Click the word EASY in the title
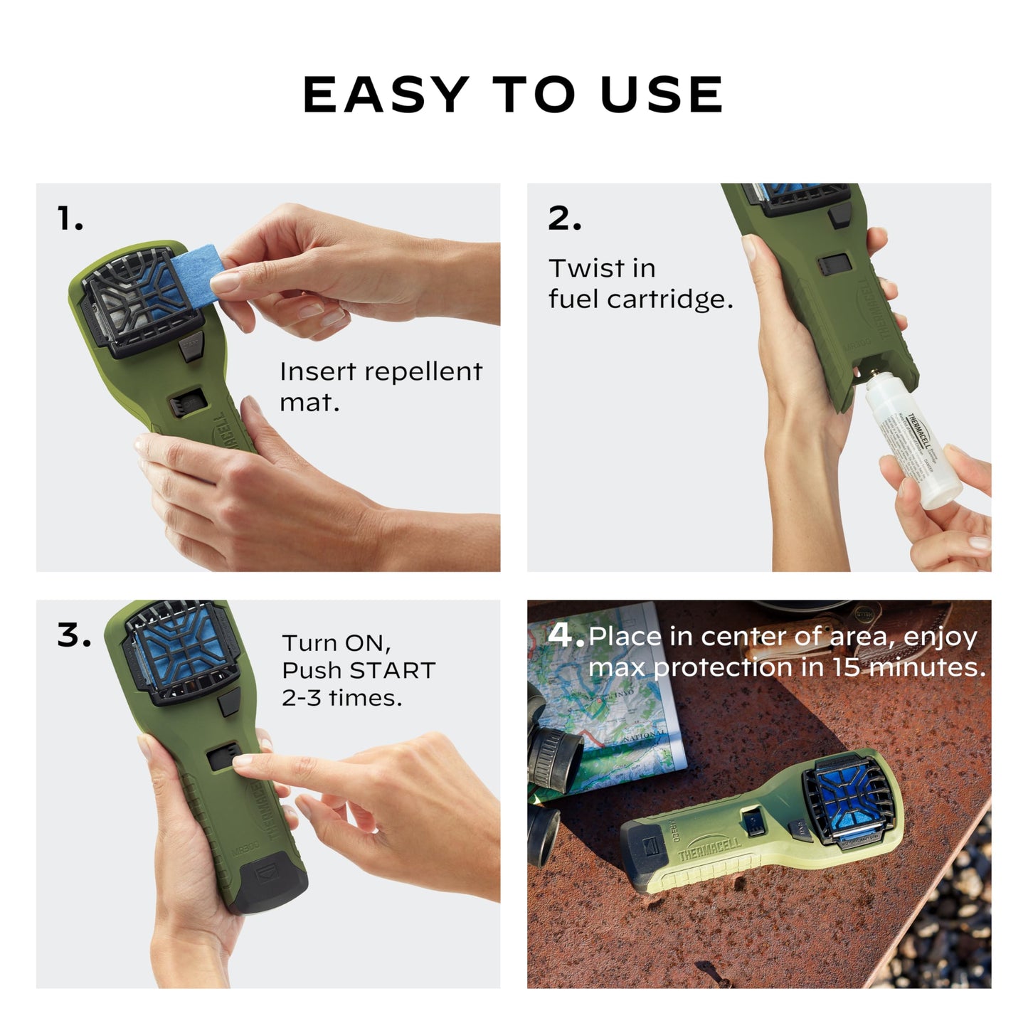385,95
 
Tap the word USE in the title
662,95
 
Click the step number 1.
69,218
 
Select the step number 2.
564,218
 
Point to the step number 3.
73,635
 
